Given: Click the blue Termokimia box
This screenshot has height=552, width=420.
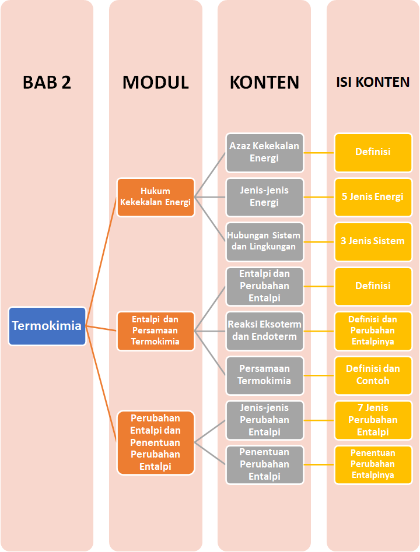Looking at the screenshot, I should pyautogui.click(x=47, y=326).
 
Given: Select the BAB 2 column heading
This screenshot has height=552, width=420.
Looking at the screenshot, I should pyautogui.click(x=47, y=82).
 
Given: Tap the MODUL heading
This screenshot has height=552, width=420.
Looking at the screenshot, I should pyautogui.click(x=155, y=82).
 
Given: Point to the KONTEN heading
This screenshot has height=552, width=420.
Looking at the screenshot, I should pyautogui.click(x=264, y=82).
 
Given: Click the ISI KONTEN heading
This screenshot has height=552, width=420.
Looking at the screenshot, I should pyautogui.click(x=373, y=82).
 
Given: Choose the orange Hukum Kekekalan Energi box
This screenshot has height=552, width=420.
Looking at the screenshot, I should pyautogui.click(x=156, y=197).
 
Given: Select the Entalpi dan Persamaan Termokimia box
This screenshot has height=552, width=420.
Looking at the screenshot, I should pyautogui.click(x=156, y=331).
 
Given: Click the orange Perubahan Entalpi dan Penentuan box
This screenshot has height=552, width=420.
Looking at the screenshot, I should pyautogui.click(x=156, y=442).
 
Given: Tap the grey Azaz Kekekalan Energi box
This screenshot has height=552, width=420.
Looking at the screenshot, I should pyautogui.click(x=265, y=152).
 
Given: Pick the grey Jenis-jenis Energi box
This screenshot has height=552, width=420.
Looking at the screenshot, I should pyautogui.click(x=265, y=196).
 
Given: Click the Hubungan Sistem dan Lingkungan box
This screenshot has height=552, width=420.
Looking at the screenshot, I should pyautogui.click(x=265, y=241).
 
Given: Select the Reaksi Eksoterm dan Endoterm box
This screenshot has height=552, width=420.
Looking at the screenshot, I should pyautogui.click(x=265, y=331).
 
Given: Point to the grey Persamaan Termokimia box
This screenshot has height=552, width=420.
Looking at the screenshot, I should pyautogui.click(x=265, y=375).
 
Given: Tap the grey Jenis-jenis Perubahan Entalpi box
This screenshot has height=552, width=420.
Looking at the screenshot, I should pyautogui.click(x=265, y=420).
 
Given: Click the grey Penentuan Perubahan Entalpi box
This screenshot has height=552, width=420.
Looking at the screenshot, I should pyautogui.click(x=265, y=465).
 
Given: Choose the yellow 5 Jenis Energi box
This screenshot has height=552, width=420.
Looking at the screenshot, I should pyautogui.click(x=373, y=196).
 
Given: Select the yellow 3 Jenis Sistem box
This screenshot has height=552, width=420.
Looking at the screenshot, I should pyautogui.click(x=373, y=241).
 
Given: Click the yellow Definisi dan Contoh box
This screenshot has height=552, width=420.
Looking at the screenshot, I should pyautogui.click(x=373, y=375).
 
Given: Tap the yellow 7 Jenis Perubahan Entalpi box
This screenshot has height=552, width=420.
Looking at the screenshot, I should pyautogui.click(x=373, y=420).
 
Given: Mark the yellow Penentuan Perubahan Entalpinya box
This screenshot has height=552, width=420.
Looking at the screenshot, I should pyautogui.click(x=373, y=465).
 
